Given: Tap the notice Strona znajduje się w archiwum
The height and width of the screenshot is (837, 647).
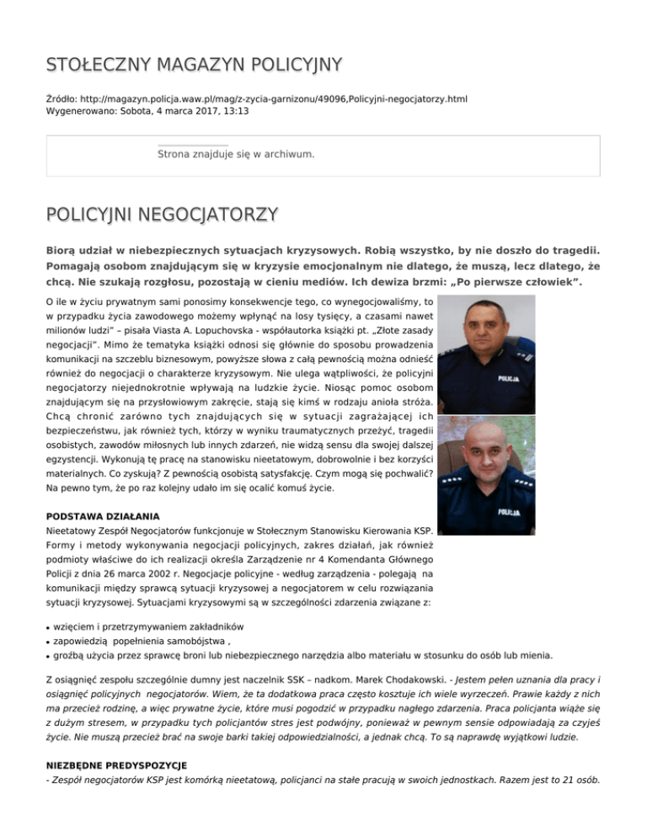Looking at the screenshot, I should [236, 155].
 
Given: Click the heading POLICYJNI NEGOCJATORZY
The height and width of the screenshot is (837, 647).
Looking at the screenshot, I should [162, 215].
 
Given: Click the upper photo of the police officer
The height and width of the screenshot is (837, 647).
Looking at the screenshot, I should [486, 355].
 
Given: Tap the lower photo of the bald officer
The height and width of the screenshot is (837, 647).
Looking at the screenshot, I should [486, 476].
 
